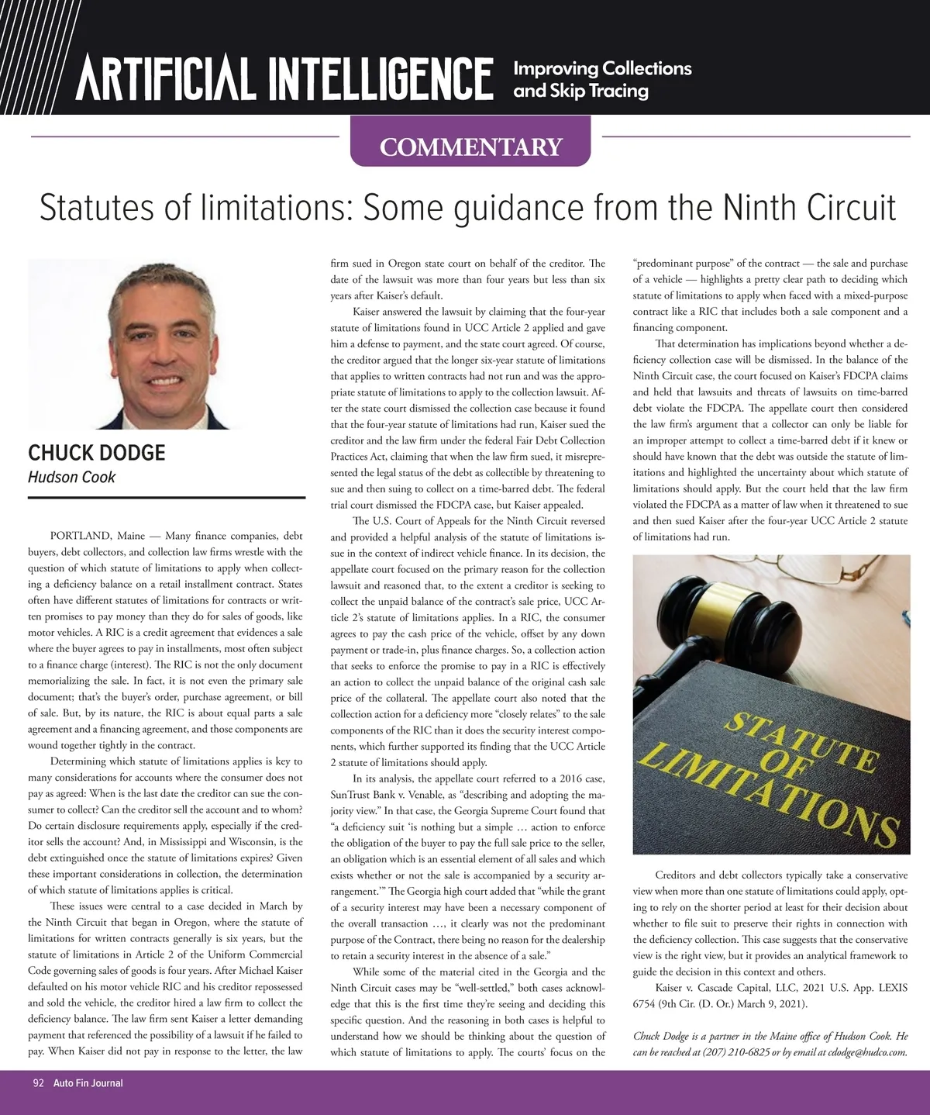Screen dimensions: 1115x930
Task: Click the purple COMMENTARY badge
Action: tap(470, 146)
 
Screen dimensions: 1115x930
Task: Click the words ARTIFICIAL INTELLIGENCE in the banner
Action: tap(284, 78)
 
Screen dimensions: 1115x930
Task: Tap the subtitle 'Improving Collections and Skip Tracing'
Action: tap(602, 79)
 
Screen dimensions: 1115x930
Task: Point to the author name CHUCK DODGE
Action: tap(97, 453)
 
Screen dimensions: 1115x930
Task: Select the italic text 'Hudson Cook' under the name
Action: tap(71, 477)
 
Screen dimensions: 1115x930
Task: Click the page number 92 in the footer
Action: tap(38, 1082)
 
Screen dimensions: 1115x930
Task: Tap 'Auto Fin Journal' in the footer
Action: tap(88, 1082)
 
